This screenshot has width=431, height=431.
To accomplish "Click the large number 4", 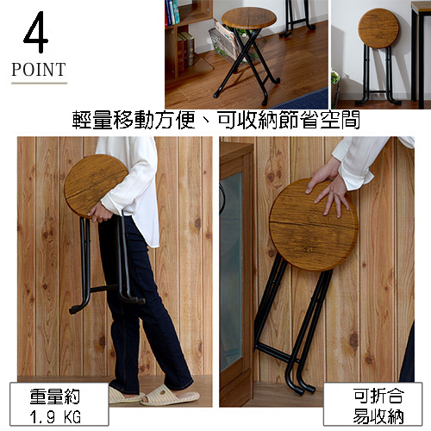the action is click(x=36, y=32).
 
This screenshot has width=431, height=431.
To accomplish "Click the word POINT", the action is click(x=39, y=70).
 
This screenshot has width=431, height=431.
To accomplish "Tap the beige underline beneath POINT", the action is click(x=39, y=83).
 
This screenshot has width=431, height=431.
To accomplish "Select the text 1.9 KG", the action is click(x=55, y=417).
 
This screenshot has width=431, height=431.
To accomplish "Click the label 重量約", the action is click(x=55, y=397).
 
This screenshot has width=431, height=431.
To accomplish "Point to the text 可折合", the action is click(x=378, y=397).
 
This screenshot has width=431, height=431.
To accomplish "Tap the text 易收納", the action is click(x=378, y=415).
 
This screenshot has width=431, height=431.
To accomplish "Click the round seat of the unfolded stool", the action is click(x=249, y=17).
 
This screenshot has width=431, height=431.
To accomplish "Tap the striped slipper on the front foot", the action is click(x=170, y=396).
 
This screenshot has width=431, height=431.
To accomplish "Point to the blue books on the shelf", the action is click(x=172, y=12).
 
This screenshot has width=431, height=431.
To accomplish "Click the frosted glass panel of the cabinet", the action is click(x=231, y=270).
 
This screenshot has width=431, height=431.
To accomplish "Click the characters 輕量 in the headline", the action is click(x=92, y=120).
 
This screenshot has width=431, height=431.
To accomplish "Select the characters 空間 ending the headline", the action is click(x=340, y=120).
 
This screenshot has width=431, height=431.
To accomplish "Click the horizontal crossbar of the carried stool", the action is click(x=104, y=289).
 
